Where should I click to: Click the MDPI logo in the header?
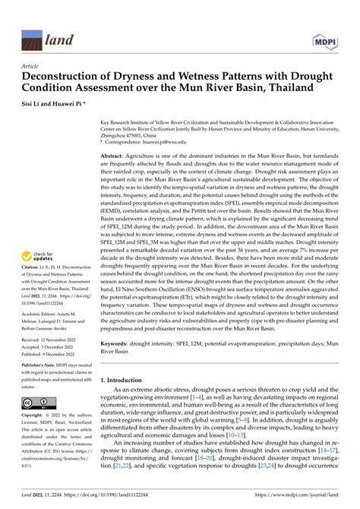pyautogui.click(x=325, y=39)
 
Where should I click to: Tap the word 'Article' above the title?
pyautogui.click(x=32, y=67)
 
